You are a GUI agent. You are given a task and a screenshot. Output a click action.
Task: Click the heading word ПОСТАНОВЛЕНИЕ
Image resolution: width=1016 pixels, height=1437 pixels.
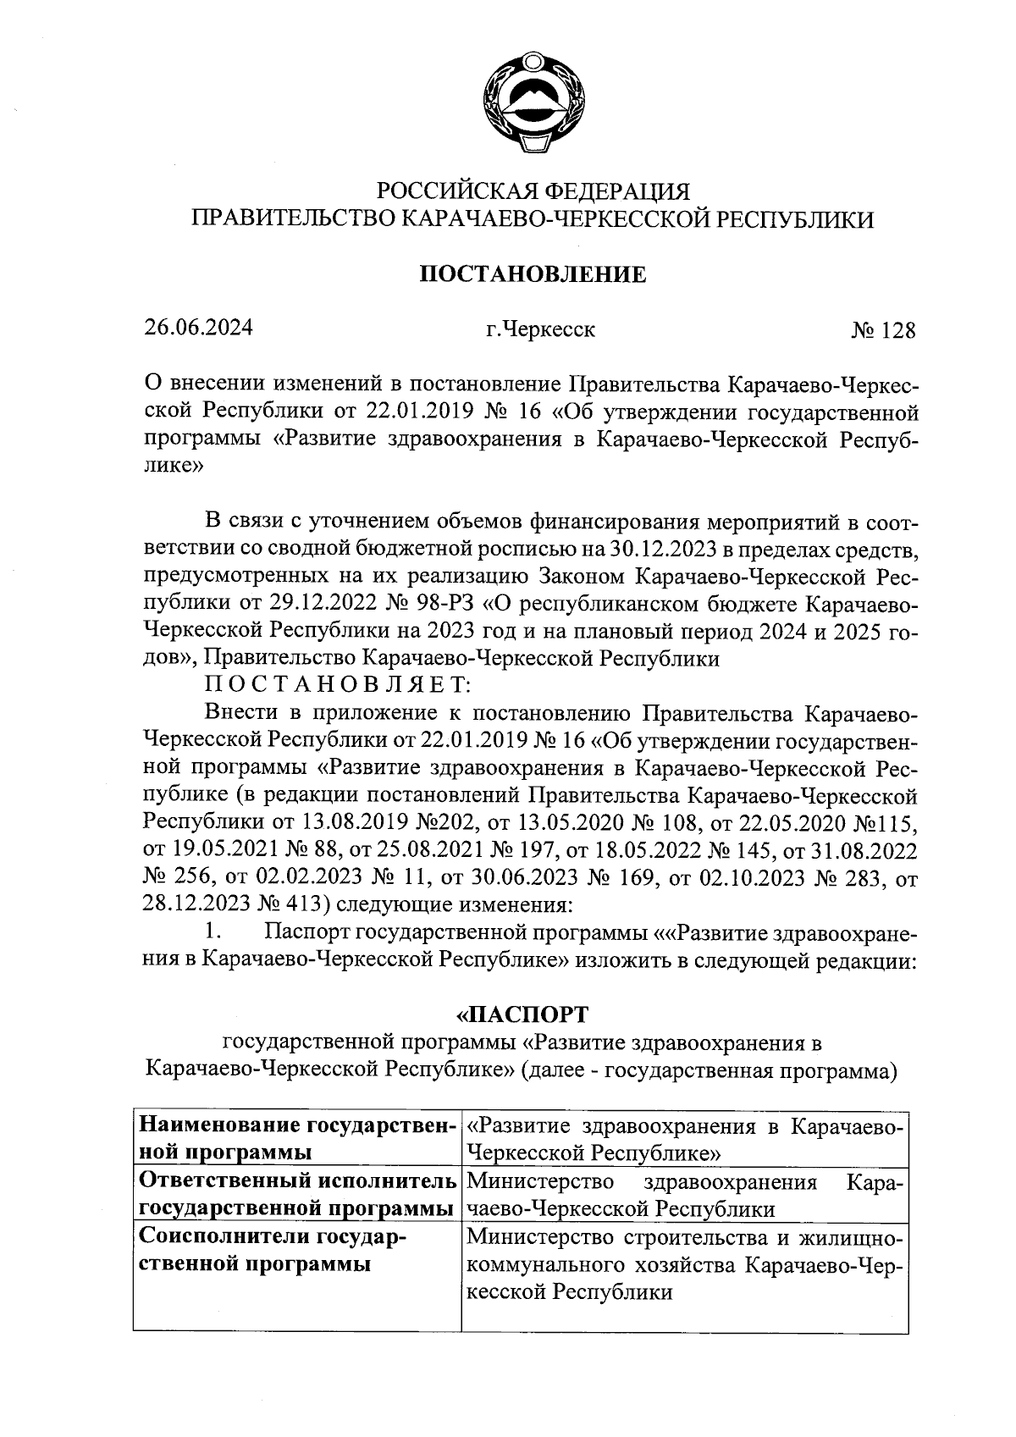point(533,274)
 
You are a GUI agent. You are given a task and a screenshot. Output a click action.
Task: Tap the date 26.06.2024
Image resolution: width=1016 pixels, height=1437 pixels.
point(197,328)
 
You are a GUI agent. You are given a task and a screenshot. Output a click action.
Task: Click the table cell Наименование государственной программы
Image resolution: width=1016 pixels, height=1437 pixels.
point(296,1138)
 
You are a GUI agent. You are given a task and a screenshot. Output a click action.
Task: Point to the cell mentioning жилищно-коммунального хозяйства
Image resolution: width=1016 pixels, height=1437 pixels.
point(684,1265)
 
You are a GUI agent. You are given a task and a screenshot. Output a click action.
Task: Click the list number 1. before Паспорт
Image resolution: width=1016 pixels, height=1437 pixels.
point(213,932)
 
